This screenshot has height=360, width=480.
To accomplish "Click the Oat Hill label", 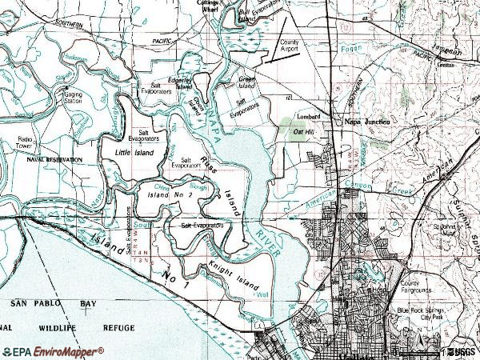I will point(303,130).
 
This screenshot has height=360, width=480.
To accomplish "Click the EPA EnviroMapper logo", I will point(53,351).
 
